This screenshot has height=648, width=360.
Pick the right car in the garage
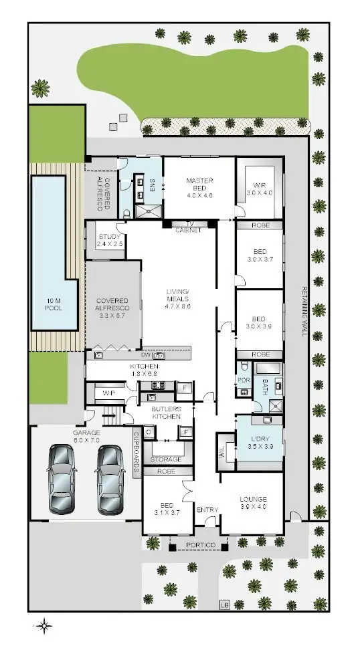pos(111,478)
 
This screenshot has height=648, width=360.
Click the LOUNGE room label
pos(253,503)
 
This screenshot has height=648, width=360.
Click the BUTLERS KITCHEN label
pos(166,412)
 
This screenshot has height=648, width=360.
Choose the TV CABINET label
pos(188,227)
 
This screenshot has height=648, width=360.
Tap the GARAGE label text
pos(86,437)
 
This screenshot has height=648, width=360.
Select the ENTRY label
pos(207,510)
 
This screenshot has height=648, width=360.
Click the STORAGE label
pos(165,459)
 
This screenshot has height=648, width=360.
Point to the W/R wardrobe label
pos(260,189)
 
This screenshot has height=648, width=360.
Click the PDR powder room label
pos(242,381)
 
